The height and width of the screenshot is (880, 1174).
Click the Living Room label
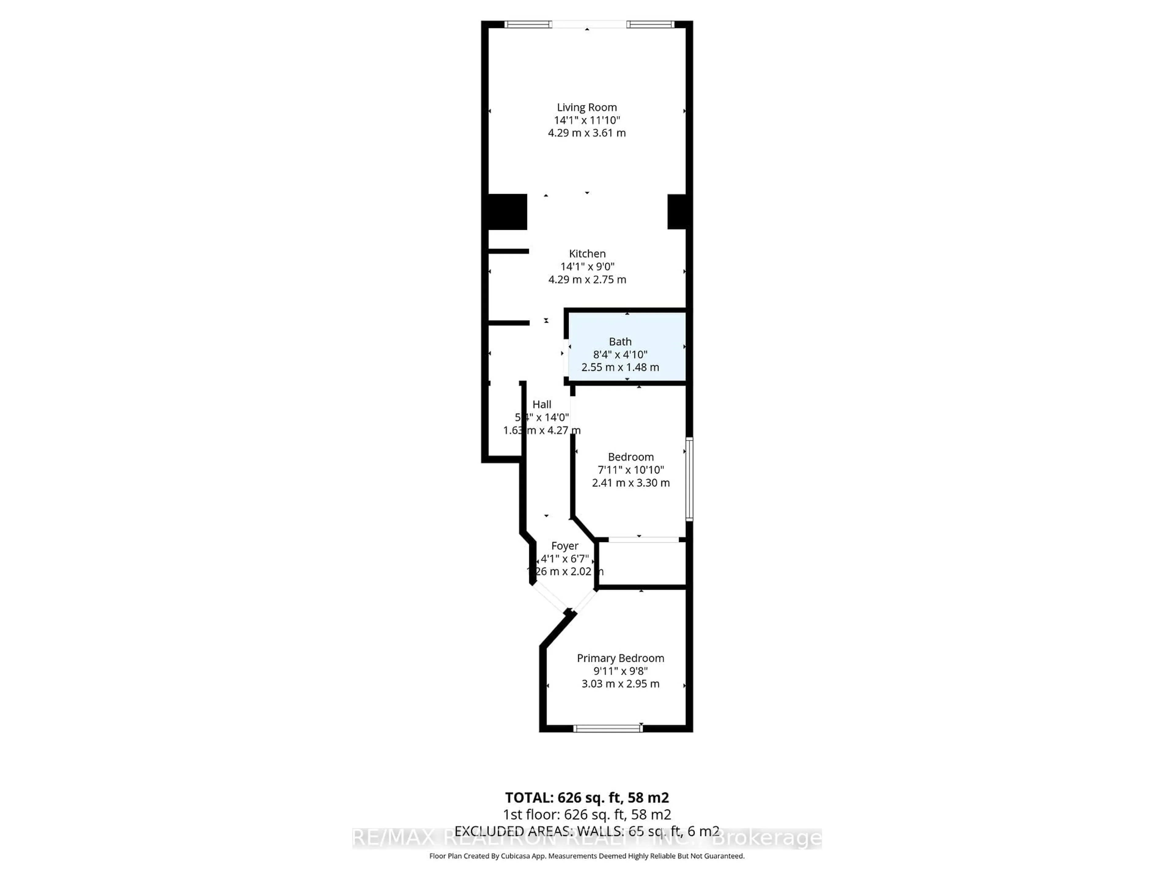586,107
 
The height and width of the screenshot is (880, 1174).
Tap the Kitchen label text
587,254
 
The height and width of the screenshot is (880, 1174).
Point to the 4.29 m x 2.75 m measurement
587,280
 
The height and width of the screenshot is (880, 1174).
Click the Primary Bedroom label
620,658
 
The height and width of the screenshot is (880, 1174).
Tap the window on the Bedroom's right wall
689,479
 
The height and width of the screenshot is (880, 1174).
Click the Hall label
541,404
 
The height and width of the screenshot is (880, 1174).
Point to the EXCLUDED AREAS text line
586,831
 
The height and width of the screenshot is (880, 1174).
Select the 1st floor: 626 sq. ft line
586,815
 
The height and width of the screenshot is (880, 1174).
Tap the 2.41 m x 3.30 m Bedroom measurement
630,483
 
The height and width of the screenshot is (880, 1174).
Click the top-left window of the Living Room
528,24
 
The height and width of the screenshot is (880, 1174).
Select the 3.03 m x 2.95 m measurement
620,684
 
